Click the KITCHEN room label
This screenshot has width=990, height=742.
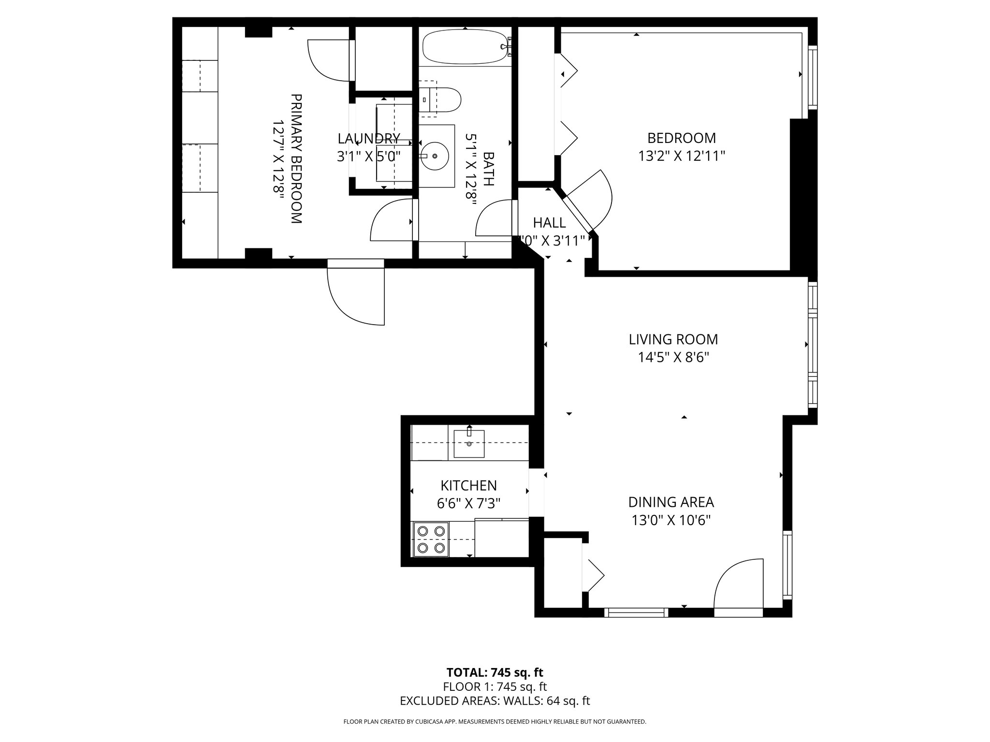(x=468, y=485)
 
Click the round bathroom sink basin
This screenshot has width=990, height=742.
(x=435, y=156)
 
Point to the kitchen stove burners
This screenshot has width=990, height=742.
(x=431, y=539)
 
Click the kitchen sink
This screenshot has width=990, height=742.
(x=469, y=443)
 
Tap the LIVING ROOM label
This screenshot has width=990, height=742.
(x=673, y=340)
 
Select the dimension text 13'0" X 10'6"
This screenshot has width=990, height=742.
(x=671, y=520)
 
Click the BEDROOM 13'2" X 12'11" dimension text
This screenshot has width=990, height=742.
(x=682, y=156)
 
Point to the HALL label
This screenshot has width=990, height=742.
(x=549, y=223)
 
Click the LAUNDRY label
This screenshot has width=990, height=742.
(x=368, y=139)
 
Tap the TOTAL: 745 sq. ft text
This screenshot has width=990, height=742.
(x=495, y=672)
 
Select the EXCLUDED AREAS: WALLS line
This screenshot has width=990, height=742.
(x=495, y=701)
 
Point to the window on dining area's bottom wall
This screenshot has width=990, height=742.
(x=636, y=613)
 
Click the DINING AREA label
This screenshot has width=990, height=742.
(x=671, y=502)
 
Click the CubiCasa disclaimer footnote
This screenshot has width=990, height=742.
(x=495, y=721)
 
